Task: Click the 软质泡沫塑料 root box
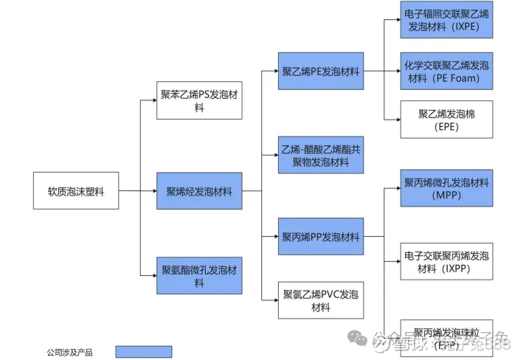click(75, 191)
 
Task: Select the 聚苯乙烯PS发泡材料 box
click(198, 100)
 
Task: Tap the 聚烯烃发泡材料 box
click(198, 191)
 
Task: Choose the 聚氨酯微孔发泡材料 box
click(198, 276)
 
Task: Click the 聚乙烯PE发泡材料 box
click(320, 72)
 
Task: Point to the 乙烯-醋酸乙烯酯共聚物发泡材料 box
click(320, 155)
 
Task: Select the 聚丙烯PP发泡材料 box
click(320, 237)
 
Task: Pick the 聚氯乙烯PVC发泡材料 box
click(320, 300)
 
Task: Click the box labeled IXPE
click(446, 19)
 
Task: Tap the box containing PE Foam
click(446, 71)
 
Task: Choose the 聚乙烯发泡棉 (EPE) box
click(446, 119)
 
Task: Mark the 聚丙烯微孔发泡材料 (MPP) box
click(446, 187)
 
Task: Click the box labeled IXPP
click(446, 261)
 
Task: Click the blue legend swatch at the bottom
click(143, 352)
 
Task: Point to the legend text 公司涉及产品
click(69, 352)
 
